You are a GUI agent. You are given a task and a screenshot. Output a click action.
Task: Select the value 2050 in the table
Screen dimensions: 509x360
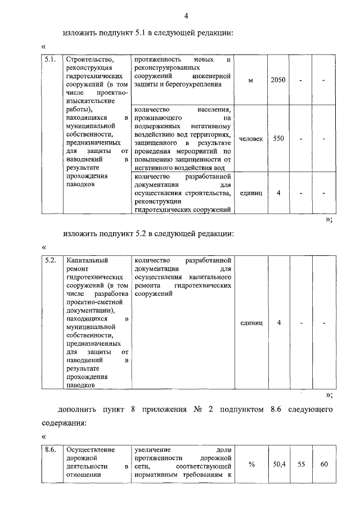[278, 80]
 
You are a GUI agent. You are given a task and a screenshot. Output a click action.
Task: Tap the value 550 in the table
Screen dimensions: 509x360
[278, 138]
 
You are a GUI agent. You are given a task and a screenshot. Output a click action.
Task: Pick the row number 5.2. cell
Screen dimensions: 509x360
[49, 261]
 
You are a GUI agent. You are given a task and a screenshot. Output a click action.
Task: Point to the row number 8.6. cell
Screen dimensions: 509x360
[49, 450]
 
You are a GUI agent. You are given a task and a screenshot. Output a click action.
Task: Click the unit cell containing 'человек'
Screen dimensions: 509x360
[250, 138]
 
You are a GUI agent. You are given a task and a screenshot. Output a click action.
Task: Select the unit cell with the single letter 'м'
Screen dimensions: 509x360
[250, 80]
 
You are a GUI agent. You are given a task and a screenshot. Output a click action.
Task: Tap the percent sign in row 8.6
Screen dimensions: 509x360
[251, 465]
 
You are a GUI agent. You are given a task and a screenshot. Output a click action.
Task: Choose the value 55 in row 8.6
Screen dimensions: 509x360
[301, 465]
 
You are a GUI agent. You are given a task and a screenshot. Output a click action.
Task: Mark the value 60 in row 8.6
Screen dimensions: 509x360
[324, 465]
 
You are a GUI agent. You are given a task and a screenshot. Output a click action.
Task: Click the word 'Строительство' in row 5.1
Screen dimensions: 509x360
[90, 59]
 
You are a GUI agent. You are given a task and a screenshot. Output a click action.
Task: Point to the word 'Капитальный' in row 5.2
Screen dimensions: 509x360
[87, 261]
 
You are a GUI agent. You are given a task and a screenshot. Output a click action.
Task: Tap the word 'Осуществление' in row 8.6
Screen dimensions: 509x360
[91, 450]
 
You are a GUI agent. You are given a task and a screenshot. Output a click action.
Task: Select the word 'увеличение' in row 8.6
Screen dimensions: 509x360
[154, 450]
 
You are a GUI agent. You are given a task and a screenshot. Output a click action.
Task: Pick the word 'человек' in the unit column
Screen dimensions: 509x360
[250, 138]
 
